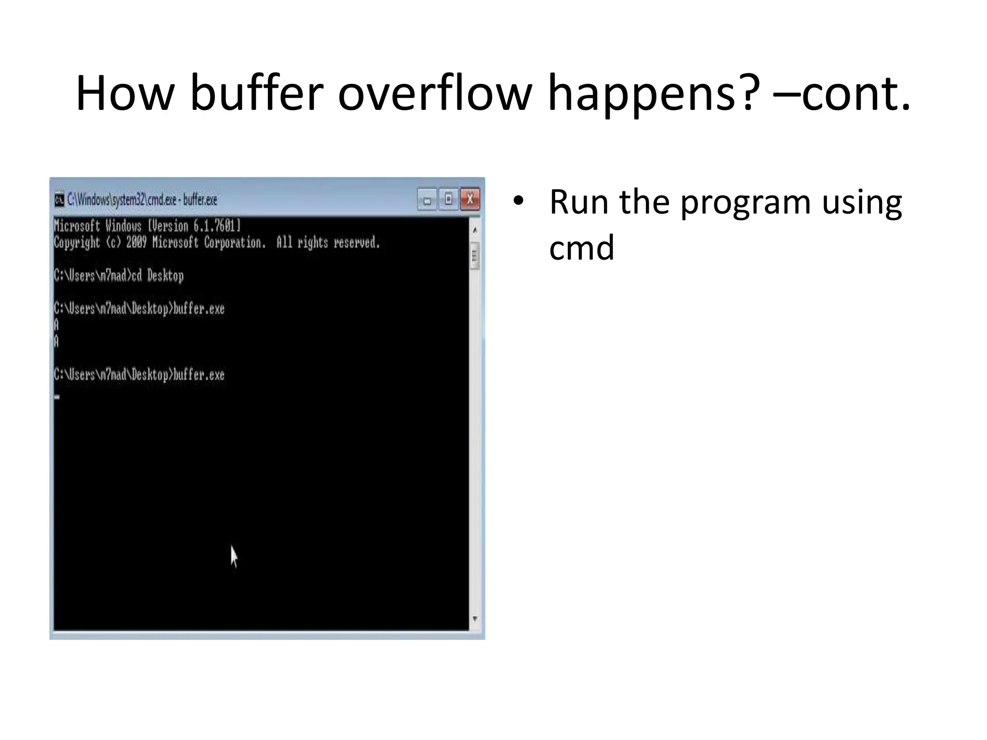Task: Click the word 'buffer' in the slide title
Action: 256,93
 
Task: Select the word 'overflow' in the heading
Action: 435,93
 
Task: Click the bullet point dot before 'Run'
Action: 518,201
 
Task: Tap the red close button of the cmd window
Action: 470,199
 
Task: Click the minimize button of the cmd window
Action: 427,199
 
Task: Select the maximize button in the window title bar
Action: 449,199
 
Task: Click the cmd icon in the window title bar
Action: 59,199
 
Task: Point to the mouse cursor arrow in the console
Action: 233,555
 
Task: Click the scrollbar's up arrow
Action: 475,230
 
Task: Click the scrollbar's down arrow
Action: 475,619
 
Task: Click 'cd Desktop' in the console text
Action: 158,276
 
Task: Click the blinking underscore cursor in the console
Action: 57,397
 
